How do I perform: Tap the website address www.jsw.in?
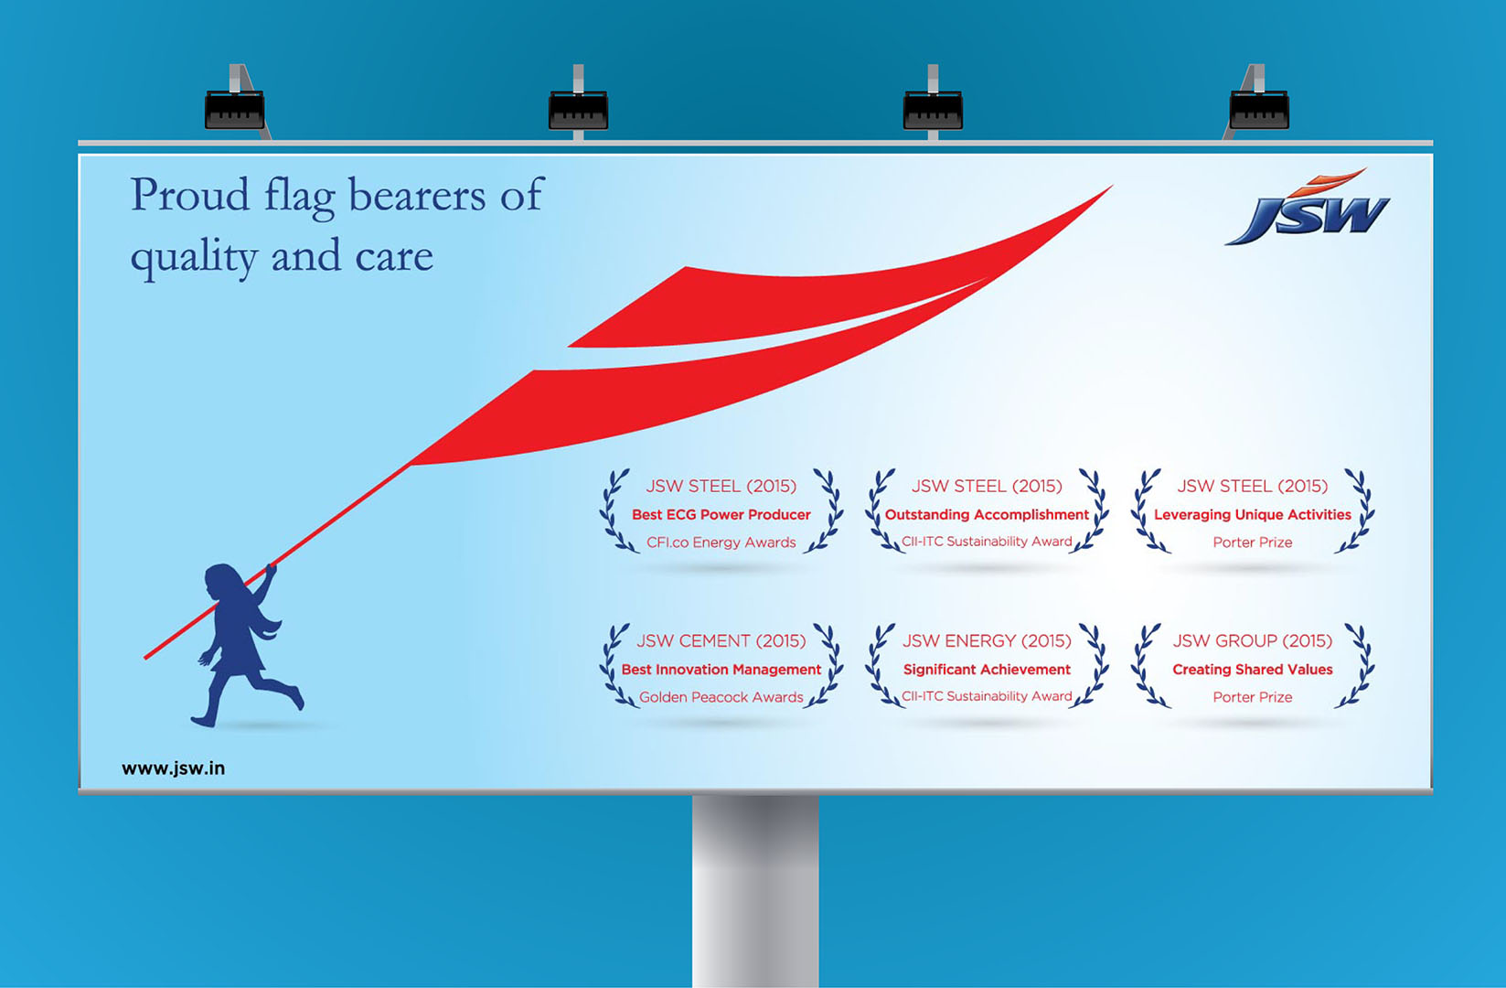[x=174, y=768]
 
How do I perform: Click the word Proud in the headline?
[x=190, y=196]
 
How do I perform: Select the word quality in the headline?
[x=194, y=258]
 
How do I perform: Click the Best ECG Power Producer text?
[x=721, y=514]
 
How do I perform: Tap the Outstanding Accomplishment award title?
[x=987, y=514]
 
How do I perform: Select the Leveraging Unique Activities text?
[x=1253, y=514]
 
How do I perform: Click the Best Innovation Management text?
[x=721, y=670]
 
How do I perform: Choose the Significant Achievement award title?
[x=987, y=670]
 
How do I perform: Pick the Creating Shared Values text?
[x=1253, y=670]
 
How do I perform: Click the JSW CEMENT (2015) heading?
[x=721, y=641]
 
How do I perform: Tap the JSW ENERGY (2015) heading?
[x=987, y=641]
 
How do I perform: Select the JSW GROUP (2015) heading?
[x=1253, y=641]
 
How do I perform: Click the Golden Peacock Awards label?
[x=721, y=697]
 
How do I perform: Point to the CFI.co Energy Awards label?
[x=721, y=542]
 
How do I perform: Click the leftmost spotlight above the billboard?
[x=235, y=110]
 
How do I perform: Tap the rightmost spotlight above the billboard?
[x=1259, y=110]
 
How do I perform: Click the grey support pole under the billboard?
[x=755, y=891]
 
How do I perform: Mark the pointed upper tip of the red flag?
[x=1113, y=186]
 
